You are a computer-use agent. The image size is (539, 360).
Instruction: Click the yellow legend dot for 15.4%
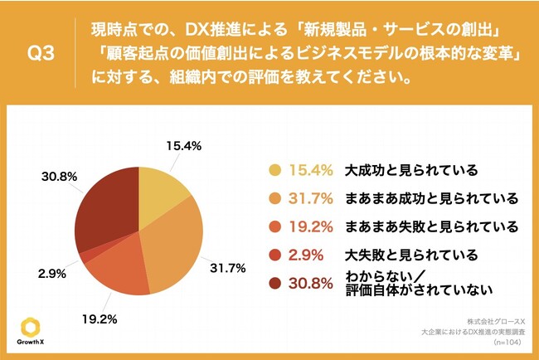pyautogui.click(x=272, y=171)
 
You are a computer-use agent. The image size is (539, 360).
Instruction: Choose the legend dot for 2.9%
pyautogui.click(x=272, y=254)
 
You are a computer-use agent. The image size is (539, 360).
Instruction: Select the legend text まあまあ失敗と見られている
pyautogui.click(x=431, y=226)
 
